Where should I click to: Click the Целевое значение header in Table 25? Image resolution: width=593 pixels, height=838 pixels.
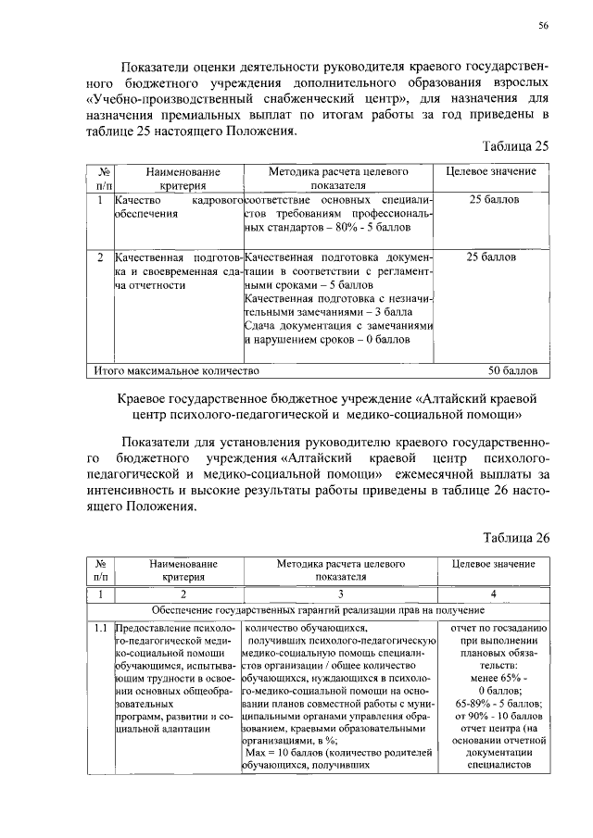point(491,172)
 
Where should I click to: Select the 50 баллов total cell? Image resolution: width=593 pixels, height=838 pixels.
point(513,371)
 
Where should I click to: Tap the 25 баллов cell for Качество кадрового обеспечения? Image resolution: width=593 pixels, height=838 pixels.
point(494,200)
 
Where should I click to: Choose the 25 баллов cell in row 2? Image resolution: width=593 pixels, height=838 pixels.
point(494,256)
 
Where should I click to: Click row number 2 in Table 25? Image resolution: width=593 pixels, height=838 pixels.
point(99,256)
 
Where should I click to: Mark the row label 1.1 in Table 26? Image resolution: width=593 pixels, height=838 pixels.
point(99,628)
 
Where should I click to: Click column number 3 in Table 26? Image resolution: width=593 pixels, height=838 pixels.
point(341,594)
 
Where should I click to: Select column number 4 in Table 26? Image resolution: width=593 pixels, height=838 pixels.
point(493,594)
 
